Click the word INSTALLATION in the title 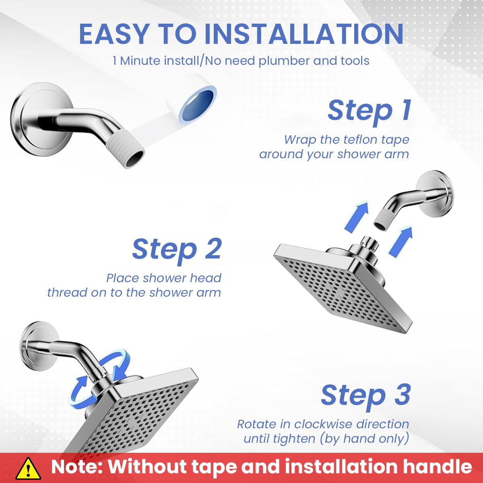[304, 34]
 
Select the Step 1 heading [369, 111]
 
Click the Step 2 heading [177, 250]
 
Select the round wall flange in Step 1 [40, 119]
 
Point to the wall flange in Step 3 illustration [37, 346]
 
